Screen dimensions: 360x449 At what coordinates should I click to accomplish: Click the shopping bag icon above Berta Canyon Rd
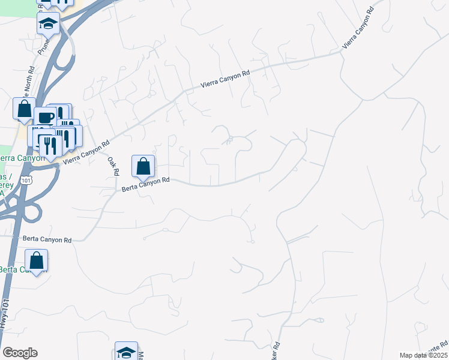(x=143, y=166)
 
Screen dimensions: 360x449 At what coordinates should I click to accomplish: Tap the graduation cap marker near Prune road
(x=48, y=23)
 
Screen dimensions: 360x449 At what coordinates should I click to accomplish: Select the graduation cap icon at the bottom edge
(x=126, y=352)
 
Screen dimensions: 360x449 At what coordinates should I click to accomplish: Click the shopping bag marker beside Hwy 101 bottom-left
(x=37, y=260)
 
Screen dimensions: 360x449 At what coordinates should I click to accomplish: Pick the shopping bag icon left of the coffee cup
(x=25, y=109)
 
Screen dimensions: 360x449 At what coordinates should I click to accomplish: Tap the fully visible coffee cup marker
(x=45, y=118)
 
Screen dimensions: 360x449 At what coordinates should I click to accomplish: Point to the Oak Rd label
(x=112, y=166)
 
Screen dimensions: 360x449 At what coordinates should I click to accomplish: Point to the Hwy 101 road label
(x=5, y=327)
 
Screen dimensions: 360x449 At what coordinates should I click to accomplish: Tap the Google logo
(x=20, y=353)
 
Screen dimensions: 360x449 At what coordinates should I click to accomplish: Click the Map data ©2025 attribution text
(x=423, y=355)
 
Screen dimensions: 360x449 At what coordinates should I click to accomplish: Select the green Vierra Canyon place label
(x=22, y=158)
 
